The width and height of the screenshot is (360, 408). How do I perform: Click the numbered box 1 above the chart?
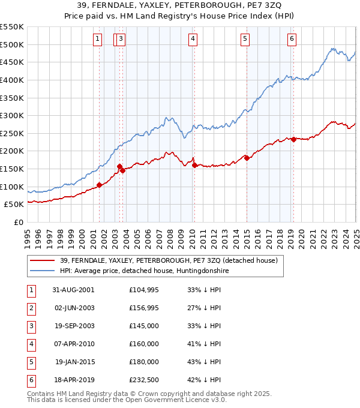(x=98, y=39)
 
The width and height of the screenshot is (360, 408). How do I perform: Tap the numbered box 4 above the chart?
(x=193, y=39)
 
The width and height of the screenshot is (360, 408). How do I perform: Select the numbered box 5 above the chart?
(x=245, y=39)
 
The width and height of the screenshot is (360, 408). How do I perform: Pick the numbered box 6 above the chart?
(x=292, y=39)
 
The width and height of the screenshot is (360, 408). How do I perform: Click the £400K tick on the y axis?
(x=11, y=80)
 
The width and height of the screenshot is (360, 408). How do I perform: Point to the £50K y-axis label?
(x=14, y=205)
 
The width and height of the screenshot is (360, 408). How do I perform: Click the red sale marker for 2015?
(x=247, y=158)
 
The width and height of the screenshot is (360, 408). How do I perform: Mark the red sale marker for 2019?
(x=293, y=139)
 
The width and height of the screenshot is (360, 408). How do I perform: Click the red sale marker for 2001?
(x=100, y=185)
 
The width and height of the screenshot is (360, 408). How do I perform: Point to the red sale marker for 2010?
(x=194, y=165)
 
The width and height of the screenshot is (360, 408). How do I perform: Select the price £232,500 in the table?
(x=144, y=380)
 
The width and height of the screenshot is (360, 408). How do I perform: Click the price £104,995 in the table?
(x=144, y=290)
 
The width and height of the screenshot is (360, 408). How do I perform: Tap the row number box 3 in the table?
(x=30, y=326)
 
